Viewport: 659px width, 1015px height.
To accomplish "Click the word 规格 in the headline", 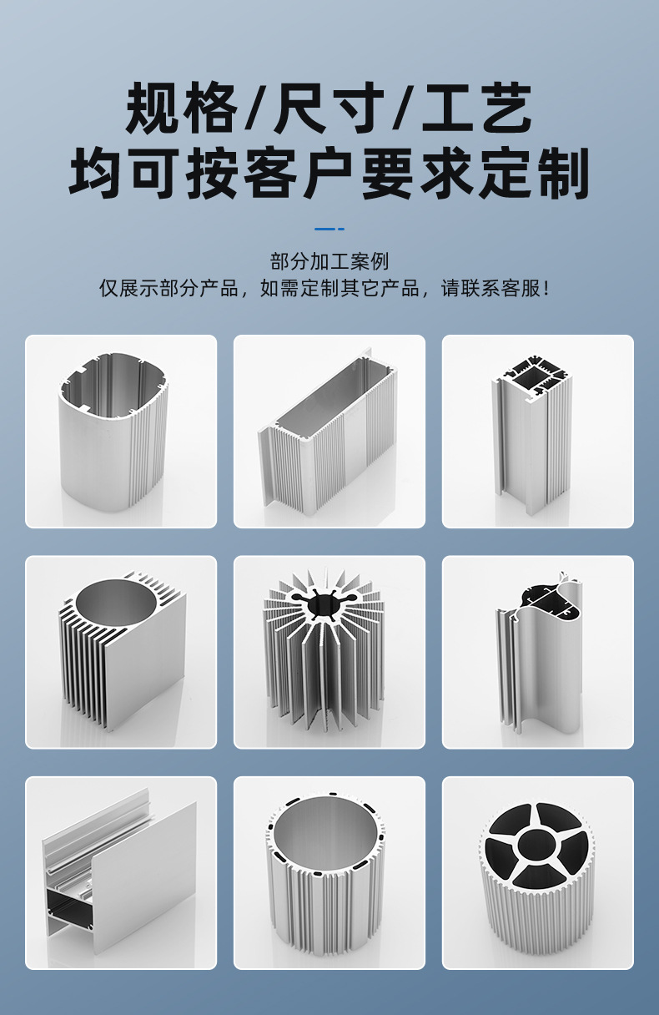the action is (181, 108).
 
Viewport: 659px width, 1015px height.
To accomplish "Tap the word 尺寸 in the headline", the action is (329, 108).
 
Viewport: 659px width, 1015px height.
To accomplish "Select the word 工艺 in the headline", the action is (477, 108).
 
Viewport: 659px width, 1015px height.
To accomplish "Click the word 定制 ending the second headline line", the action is (535, 174).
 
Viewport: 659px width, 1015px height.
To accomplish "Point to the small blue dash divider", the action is (329, 229).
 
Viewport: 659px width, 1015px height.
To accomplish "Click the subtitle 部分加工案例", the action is (329, 261).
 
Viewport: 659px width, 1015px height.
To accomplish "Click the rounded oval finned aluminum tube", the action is (113, 432).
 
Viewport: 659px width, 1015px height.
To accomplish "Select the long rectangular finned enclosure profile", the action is (328, 432).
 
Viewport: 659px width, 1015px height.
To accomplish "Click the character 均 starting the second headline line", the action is (94, 174).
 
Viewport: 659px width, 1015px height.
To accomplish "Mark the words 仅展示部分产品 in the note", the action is (169, 288).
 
